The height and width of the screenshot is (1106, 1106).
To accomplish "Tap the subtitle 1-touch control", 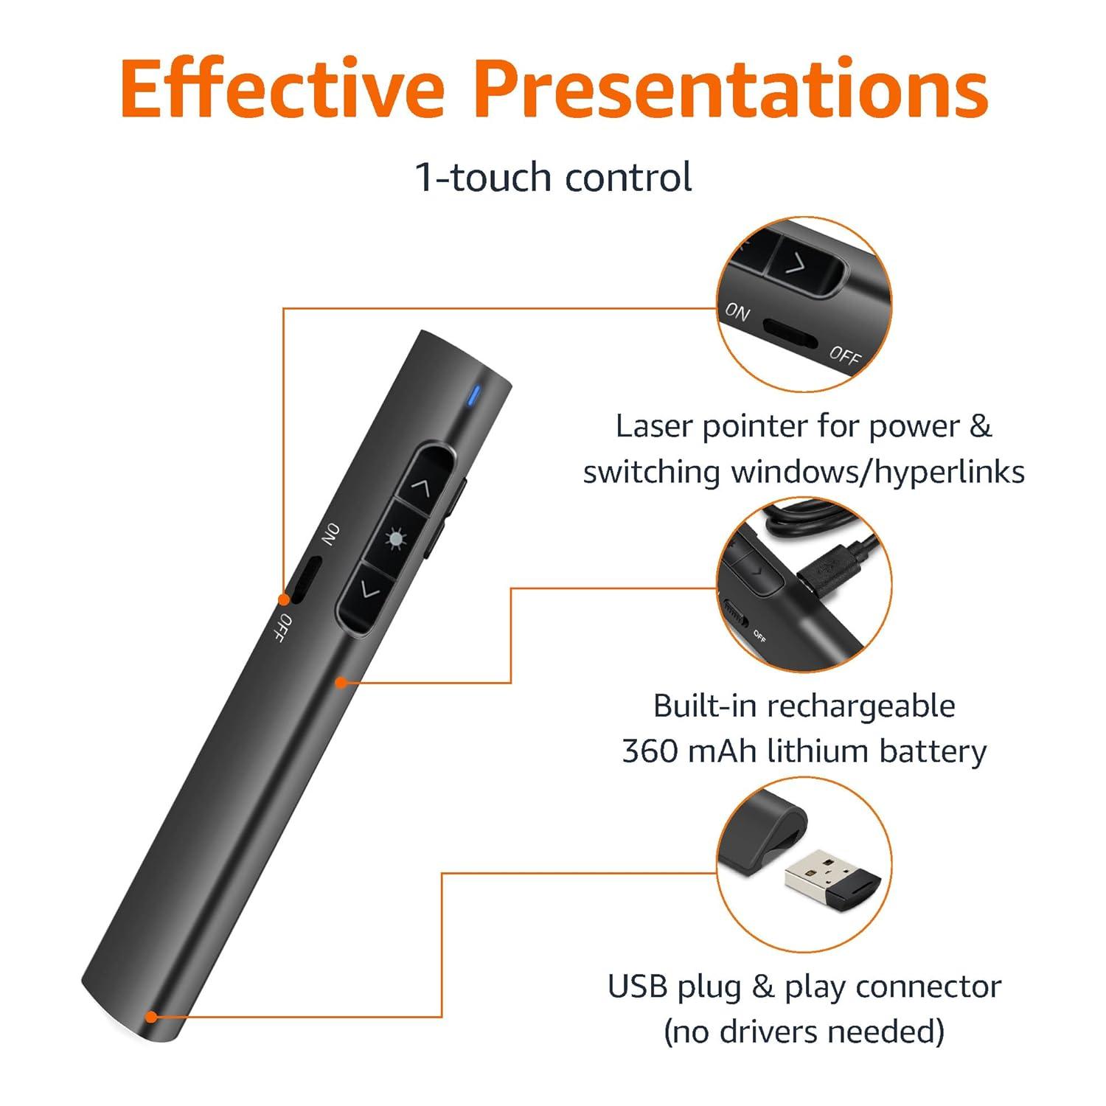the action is pyautogui.click(x=554, y=178).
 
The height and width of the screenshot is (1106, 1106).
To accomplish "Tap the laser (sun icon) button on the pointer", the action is pyautogui.click(x=396, y=539).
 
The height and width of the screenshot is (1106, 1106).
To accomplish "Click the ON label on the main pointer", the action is pyautogui.click(x=330, y=535).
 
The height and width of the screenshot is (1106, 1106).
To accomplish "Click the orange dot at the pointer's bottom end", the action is pyautogui.click(x=151, y=1017).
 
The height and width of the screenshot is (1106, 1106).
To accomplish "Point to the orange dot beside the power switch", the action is pyautogui.click(x=283, y=598).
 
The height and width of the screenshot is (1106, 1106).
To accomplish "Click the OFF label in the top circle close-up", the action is pyautogui.click(x=844, y=355).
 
